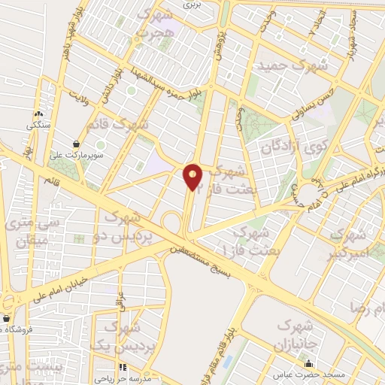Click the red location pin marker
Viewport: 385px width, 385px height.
pos(193,177)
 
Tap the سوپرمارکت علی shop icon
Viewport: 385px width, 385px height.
pos(77,143)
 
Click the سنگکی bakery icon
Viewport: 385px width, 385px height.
pos(37,114)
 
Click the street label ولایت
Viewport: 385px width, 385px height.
pos(83,96)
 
